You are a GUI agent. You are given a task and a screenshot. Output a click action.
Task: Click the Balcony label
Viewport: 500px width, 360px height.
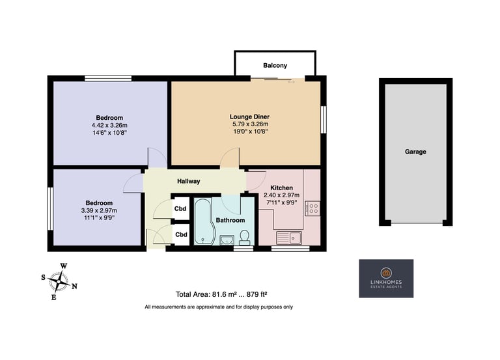[x=275, y=65]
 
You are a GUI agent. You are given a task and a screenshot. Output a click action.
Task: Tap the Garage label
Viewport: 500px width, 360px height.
[x=415, y=152]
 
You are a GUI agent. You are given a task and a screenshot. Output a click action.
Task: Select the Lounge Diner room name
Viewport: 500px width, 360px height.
[x=250, y=117]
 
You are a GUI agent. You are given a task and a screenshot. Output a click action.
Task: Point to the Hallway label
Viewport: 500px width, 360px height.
[x=188, y=181]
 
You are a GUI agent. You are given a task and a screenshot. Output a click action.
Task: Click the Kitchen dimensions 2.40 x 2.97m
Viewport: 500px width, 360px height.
[x=281, y=195]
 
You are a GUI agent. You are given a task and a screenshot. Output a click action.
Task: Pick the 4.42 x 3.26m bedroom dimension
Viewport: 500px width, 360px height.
[x=109, y=125]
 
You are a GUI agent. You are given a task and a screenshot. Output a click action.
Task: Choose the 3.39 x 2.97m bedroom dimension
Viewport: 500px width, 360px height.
[x=99, y=210]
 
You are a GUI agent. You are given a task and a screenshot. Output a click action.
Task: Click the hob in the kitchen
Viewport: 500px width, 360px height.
[x=312, y=208]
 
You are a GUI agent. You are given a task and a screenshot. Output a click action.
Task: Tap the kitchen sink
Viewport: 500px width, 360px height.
[x=289, y=238]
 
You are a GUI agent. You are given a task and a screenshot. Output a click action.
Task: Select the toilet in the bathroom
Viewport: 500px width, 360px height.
[x=245, y=238]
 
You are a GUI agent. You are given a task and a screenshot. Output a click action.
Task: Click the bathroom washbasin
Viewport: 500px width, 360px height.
[x=227, y=240]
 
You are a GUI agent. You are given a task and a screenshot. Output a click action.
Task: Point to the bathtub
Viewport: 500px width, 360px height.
[x=203, y=221]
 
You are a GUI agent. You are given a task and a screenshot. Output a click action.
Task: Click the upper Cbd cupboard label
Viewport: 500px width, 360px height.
[x=180, y=209]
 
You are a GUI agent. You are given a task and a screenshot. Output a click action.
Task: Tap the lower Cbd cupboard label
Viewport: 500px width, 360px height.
[x=181, y=235]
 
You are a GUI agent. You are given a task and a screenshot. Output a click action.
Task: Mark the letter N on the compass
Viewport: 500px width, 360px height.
[x=74, y=286]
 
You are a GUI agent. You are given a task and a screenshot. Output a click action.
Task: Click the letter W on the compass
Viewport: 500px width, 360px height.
[x=64, y=266]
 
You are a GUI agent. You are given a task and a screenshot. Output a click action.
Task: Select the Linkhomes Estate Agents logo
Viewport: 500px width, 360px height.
[x=386, y=279]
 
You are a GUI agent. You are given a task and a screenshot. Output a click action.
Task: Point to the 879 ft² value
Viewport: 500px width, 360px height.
[x=257, y=294]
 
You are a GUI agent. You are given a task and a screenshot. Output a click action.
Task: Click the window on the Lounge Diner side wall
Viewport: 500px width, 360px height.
[x=324, y=120]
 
